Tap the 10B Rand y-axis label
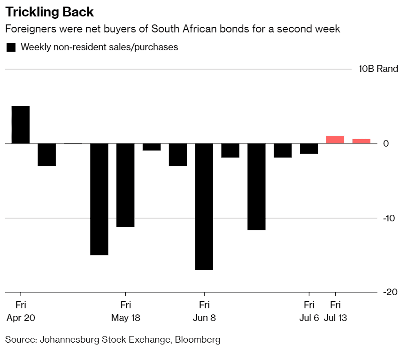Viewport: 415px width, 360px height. [378, 69]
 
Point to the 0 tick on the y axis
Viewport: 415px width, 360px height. [386, 143]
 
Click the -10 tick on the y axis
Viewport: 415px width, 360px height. [388, 219]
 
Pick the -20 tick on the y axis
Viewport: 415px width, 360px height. [390, 292]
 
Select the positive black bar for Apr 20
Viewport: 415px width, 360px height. [21, 125]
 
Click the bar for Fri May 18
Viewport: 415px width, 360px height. [125, 185]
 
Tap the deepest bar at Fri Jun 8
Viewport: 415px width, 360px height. [204, 207]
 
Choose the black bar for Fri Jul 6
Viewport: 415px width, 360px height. [309, 149]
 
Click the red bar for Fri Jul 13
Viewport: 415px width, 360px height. [335, 140]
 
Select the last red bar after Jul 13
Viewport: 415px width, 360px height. [361, 141]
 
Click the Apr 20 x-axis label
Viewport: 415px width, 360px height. [21, 318]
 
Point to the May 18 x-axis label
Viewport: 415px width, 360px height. [125, 318]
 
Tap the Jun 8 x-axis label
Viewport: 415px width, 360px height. [204, 318]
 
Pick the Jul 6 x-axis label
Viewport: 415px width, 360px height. [309, 318]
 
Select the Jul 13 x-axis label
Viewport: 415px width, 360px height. [335, 318]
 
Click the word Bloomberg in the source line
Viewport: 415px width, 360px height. [197, 339]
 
